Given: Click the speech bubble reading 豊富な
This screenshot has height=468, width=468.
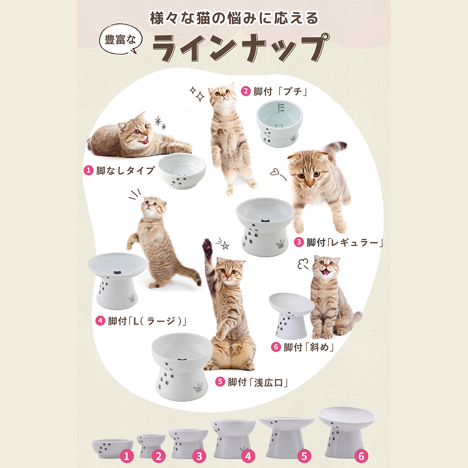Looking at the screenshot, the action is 120,39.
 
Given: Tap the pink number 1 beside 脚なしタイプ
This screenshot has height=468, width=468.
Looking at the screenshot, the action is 88,171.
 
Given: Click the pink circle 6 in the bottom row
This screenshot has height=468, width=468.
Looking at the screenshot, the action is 361,456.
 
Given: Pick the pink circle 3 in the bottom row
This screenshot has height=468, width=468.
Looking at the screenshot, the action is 199,456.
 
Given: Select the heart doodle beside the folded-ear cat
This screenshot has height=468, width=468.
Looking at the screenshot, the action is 275,172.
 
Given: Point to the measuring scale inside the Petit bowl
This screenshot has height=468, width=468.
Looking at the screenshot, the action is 279,108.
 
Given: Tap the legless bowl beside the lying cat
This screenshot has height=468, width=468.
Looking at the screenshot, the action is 182,171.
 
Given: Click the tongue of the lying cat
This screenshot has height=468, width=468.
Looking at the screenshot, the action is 145,140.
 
